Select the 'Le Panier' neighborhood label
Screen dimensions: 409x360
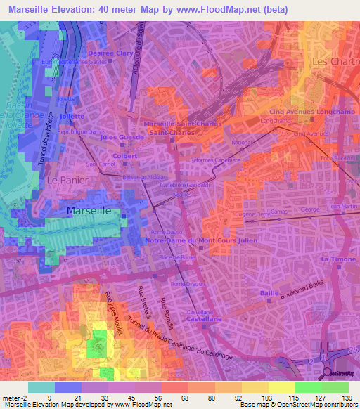[63, 180]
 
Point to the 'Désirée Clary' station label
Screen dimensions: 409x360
[110, 53]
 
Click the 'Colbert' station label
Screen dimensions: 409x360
[124, 156]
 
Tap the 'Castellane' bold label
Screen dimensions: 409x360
[205, 319]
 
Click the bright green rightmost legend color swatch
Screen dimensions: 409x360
[335, 387]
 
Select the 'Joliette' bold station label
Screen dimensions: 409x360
[72, 117]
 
